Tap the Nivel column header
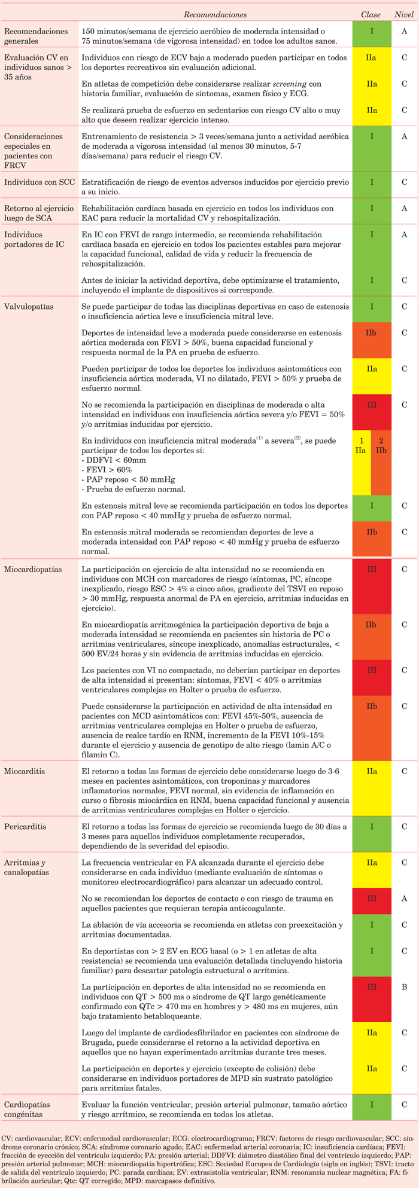[x=404, y=14]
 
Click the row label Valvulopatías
[x=29, y=306]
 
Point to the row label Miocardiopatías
[x=33, y=569]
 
